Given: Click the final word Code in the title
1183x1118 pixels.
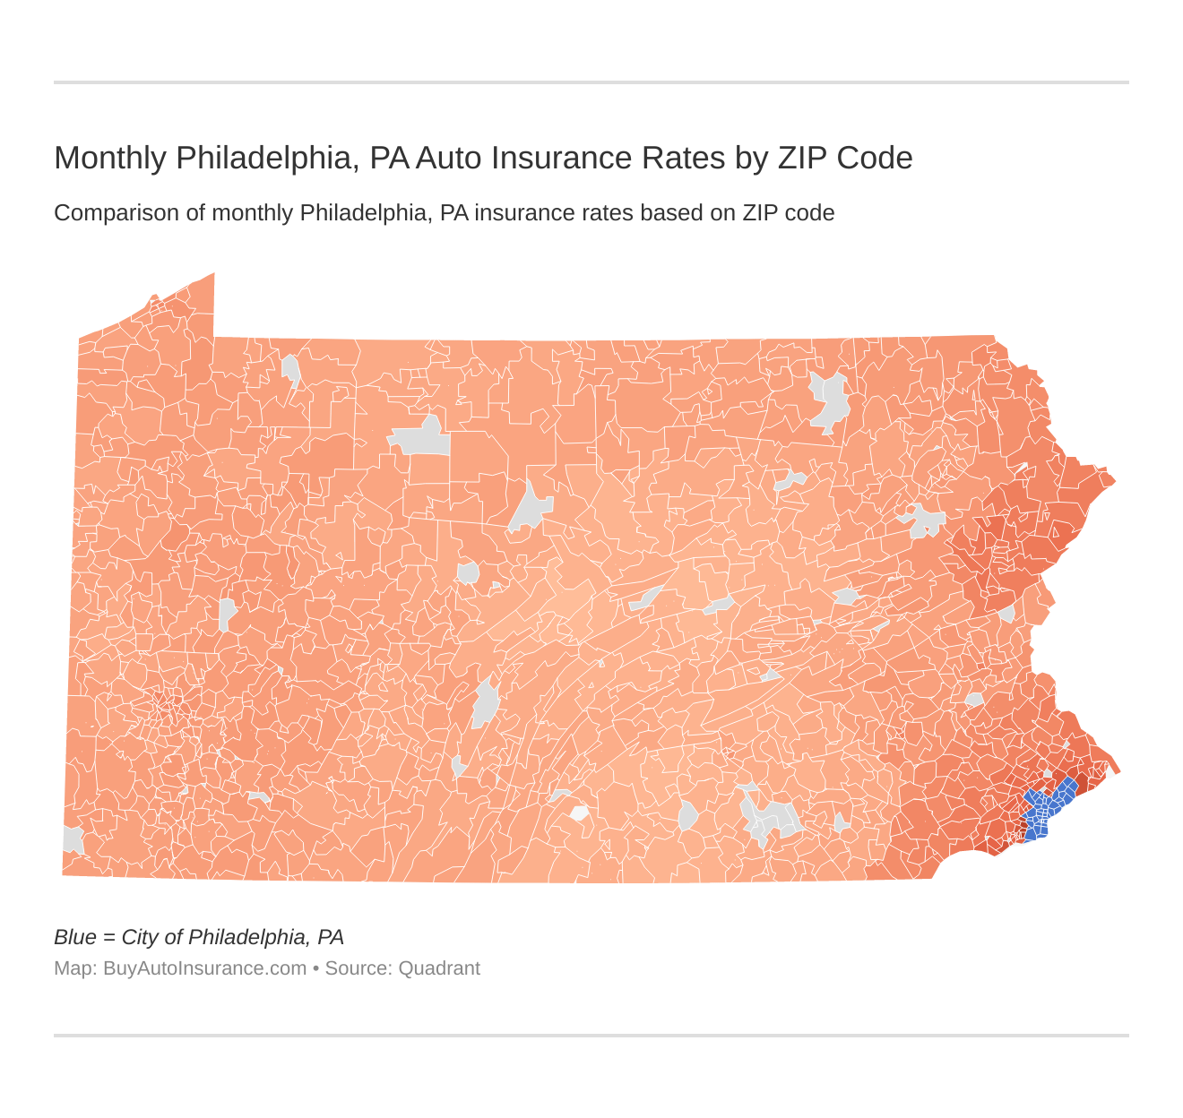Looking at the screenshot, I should tap(875, 158).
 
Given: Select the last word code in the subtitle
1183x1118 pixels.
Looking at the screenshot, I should tap(809, 213).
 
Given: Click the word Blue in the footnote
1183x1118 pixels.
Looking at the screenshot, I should tap(74, 937).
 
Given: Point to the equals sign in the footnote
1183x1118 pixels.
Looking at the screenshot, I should tap(108, 938).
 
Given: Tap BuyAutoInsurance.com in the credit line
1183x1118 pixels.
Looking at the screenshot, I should tap(204, 968).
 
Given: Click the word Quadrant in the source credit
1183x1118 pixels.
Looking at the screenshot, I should tap(439, 968).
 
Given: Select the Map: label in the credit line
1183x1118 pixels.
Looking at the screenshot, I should tap(75, 968).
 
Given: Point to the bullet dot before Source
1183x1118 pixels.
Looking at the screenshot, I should tap(315, 968).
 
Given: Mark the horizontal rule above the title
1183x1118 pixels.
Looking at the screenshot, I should tap(591, 82).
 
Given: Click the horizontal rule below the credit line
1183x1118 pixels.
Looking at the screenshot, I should tap(591, 1036).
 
